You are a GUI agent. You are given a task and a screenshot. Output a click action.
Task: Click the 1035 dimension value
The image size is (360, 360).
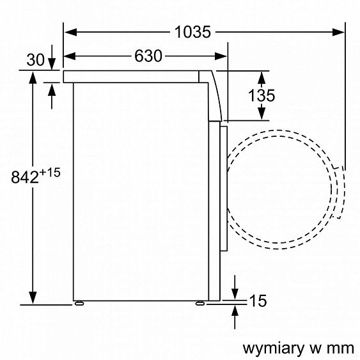pyautogui.click(x=192, y=31)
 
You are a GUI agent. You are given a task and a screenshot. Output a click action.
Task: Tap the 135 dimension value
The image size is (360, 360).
pyautogui.click(x=261, y=95)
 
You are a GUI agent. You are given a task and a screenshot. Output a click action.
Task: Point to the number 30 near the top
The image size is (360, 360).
pyautogui.click(x=36, y=60)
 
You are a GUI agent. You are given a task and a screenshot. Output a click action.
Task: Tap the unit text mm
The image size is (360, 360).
pyautogui.click(x=340, y=348)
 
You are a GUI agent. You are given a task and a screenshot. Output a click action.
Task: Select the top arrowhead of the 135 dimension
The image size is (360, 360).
pyautogui.click(x=261, y=75)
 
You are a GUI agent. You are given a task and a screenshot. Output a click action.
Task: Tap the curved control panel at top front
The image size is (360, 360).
pyautogui.click(x=217, y=96)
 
